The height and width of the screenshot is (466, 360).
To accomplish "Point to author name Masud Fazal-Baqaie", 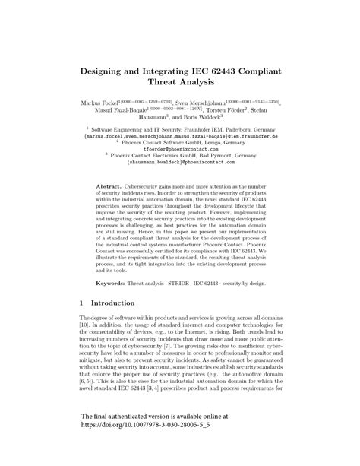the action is (x=115, y=109).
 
